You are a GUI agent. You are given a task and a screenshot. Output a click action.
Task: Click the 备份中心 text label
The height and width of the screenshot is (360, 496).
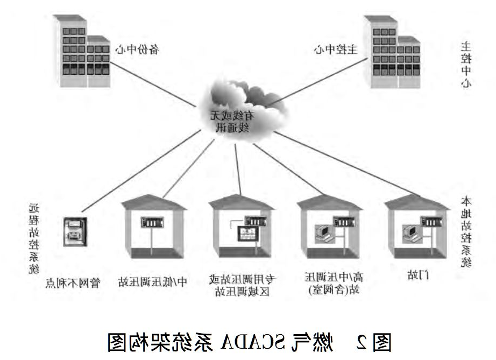137,50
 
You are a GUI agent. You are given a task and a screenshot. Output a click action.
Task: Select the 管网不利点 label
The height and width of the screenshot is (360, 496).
73,282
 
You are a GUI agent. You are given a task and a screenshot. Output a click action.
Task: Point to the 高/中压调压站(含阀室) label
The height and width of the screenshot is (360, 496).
334,285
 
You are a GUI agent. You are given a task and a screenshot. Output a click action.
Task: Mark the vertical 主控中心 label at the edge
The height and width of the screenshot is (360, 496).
466,65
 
